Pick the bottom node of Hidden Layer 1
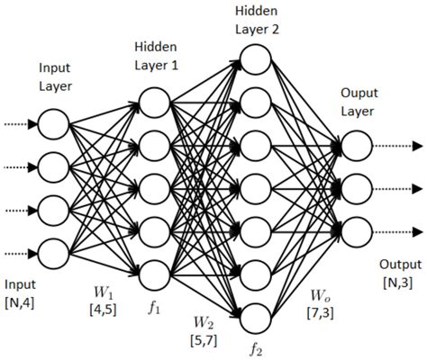click(154, 271)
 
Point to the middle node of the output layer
click(355, 187)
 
